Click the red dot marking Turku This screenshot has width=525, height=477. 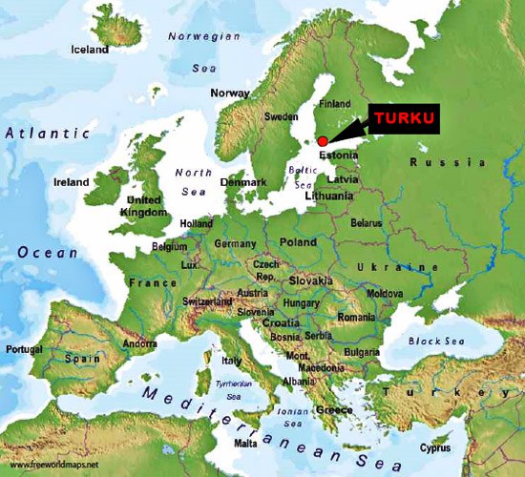point(323,140)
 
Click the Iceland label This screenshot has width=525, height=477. point(91,50)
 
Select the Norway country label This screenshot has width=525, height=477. point(229,93)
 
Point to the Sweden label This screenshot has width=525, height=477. point(281,116)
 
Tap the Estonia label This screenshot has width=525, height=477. point(339,155)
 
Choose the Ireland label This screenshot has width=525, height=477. point(72,182)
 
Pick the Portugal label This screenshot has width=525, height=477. point(24,349)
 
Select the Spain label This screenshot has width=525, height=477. point(82,359)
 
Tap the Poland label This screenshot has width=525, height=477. point(298,242)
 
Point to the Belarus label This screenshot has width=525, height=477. point(366,222)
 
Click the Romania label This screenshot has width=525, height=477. point(356,316)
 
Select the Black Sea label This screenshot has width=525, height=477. point(429,341)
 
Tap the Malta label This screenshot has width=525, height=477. point(245,444)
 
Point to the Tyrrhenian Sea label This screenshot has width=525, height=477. point(234,387)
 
